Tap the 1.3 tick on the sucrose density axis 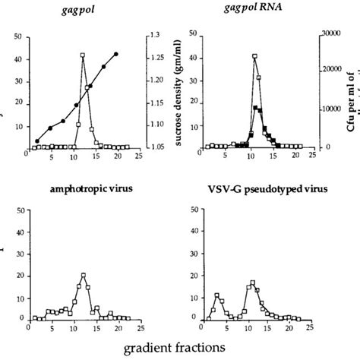point(156,35)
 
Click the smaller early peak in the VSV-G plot point(217,295)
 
